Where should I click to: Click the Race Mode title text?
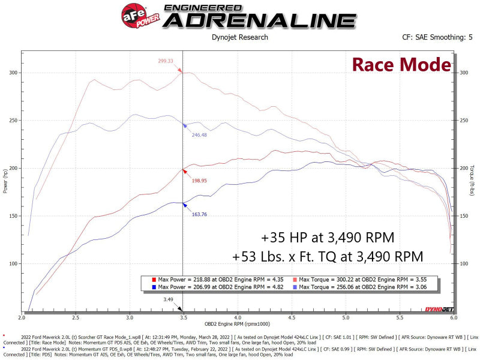pos(401,65)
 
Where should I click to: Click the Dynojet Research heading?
pos(240,37)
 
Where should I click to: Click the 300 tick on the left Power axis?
pos(13,73)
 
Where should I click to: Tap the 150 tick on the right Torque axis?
pos(461,216)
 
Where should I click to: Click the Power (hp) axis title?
pos(5,182)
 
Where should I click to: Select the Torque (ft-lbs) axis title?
pos(473,182)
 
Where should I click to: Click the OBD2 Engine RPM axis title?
pos(239,324)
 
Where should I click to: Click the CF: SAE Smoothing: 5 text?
pos(437,37)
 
